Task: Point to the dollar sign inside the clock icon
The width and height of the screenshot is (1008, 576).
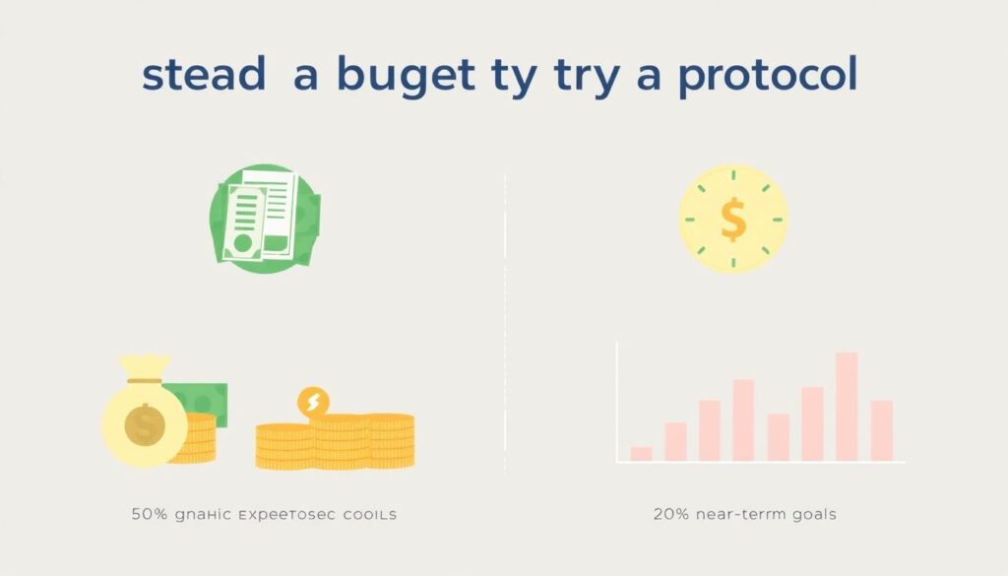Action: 733,219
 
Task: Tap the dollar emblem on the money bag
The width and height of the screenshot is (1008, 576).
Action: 144,425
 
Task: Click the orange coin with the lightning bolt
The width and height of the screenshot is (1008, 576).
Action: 313,401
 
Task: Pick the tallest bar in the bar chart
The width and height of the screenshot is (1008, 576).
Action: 847,406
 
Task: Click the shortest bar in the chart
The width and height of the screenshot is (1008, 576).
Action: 641,453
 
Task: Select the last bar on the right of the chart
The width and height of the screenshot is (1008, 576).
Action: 881,430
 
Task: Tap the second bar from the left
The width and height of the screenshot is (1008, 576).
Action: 675,441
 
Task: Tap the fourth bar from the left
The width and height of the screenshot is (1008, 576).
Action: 743,420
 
